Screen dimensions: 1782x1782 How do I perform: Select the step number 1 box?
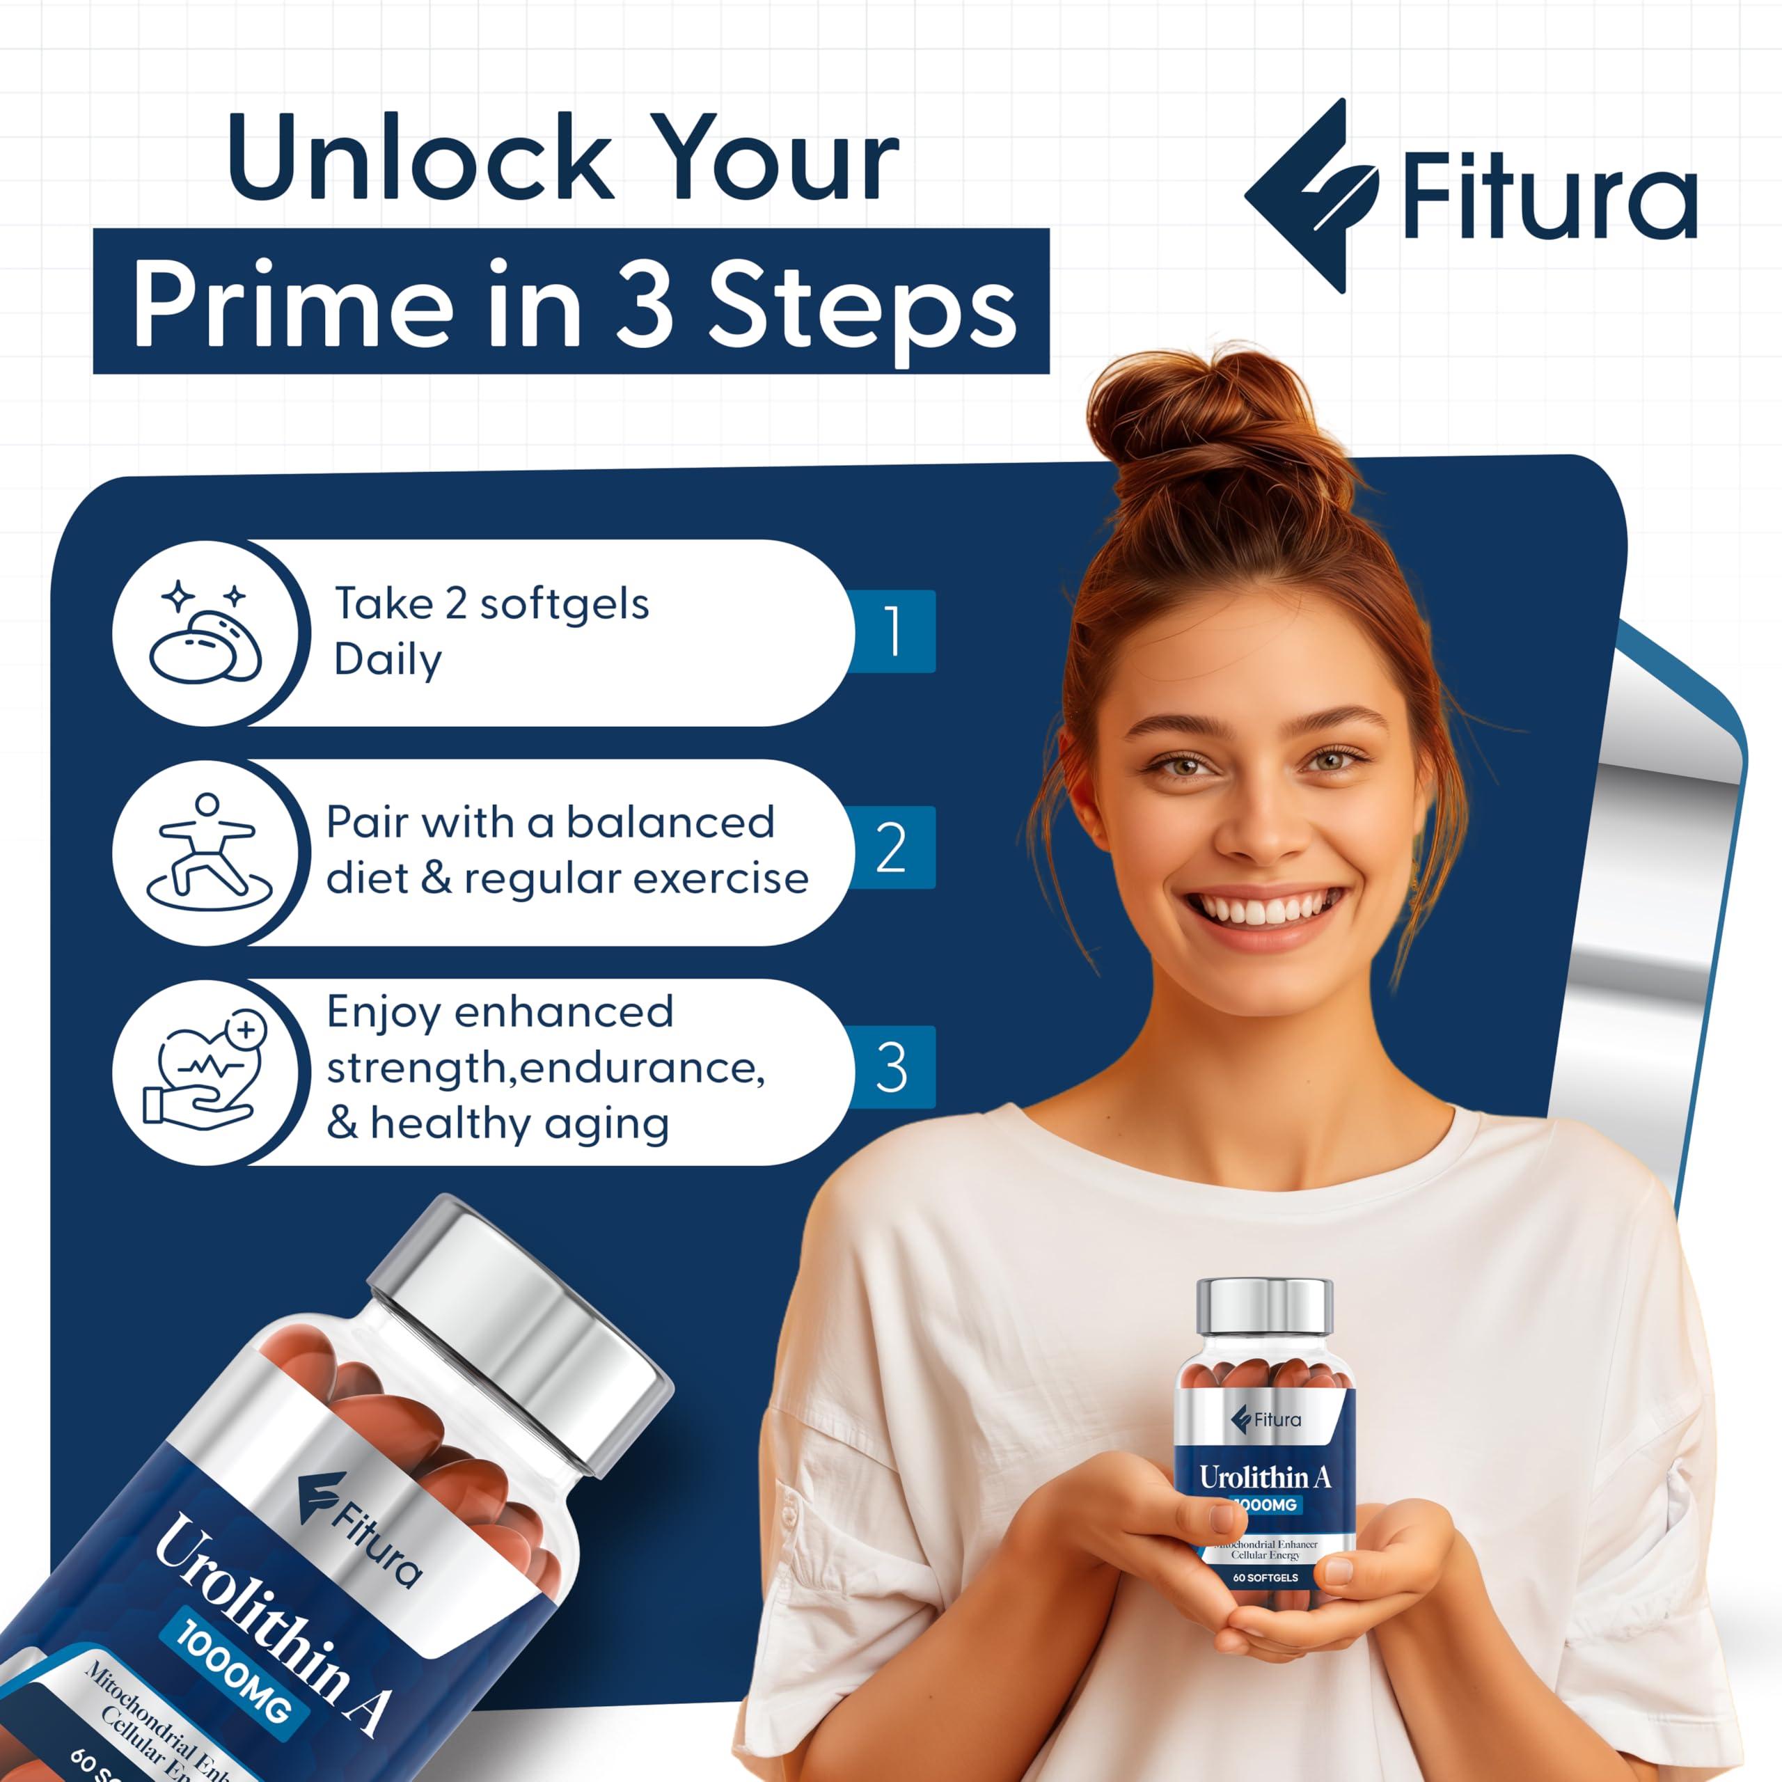pyautogui.click(x=892, y=632)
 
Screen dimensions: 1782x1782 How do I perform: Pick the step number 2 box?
pyautogui.click(x=892, y=848)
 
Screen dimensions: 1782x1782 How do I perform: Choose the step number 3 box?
pyautogui.click(x=892, y=1067)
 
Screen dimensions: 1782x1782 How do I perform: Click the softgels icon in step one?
pyautogui.click(x=205, y=633)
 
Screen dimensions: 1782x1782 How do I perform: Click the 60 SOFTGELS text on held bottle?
pyautogui.click(x=1265, y=1577)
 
